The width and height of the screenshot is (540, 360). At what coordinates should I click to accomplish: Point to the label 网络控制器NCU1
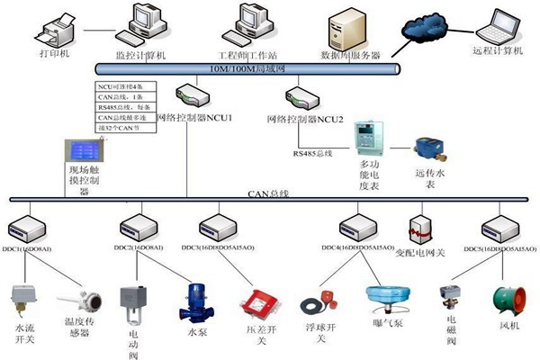[x=195, y=118]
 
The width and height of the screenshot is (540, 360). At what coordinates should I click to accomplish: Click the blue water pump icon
[x=196, y=301]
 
